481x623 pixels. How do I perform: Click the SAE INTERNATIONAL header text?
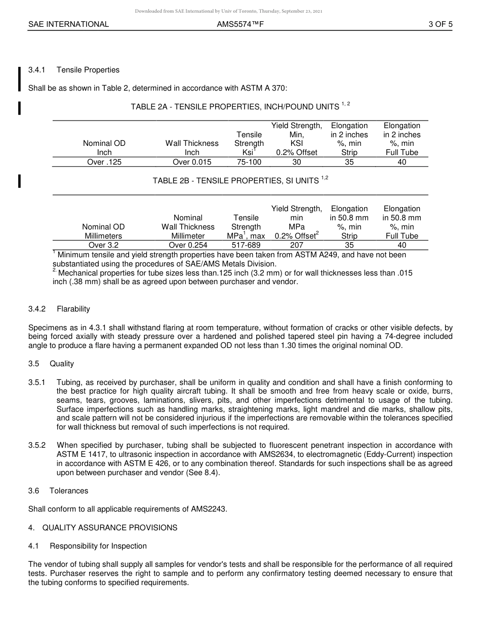(x=68, y=24)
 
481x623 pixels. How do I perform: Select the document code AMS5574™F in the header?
(x=240, y=24)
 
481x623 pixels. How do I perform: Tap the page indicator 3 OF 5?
(x=440, y=24)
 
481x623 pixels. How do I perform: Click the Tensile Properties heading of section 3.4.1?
(x=88, y=70)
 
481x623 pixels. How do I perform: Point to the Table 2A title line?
(x=240, y=106)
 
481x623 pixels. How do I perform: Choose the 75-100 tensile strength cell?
(x=249, y=162)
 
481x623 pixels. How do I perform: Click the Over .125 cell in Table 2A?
(x=104, y=162)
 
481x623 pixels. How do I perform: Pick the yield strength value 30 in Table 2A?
(x=297, y=162)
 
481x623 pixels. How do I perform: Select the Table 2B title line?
(x=240, y=180)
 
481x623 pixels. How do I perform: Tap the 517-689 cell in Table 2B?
(x=246, y=245)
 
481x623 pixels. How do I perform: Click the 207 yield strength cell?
(x=297, y=245)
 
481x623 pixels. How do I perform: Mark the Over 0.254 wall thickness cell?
(x=188, y=245)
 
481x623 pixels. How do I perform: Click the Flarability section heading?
(x=73, y=309)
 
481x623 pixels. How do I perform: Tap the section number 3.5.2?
(x=37, y=445)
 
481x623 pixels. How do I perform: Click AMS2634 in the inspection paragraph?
(x=251, y=455)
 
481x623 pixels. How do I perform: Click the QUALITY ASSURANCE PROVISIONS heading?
(x=109, y=528)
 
